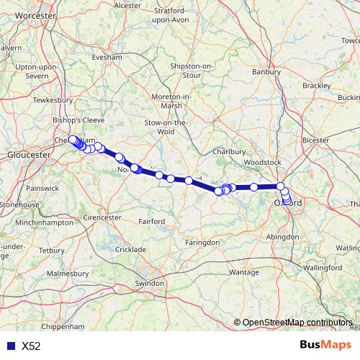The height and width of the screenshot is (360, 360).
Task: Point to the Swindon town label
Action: coord(150,284)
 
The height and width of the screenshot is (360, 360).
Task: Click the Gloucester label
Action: coord(27,155)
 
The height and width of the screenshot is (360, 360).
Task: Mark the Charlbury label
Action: coord(230,152)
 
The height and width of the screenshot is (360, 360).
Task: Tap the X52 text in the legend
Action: coord(31,346)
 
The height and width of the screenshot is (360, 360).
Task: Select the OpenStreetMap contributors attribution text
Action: coord(298,323)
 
